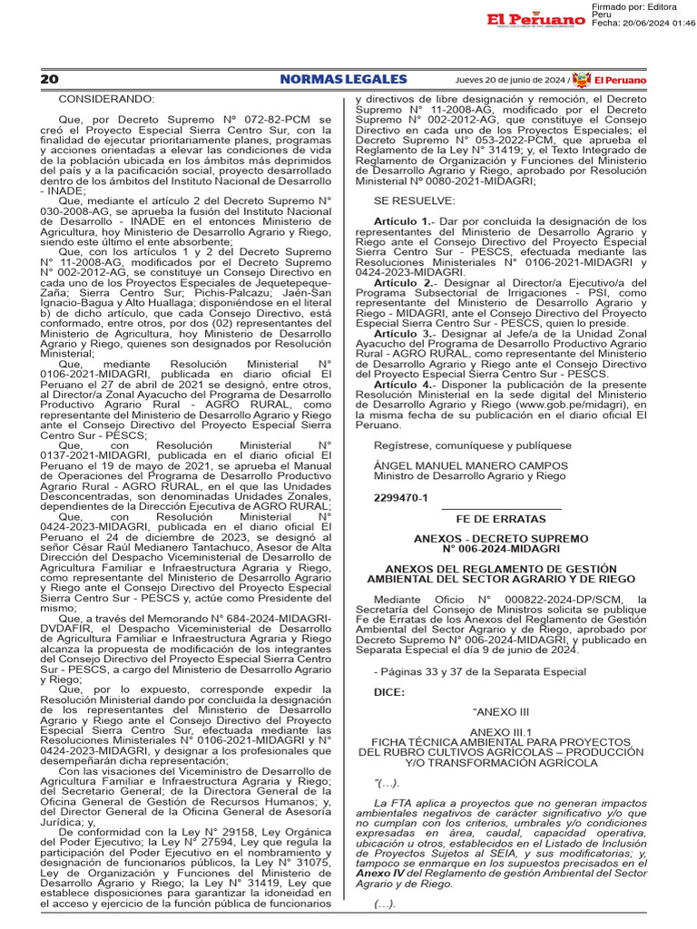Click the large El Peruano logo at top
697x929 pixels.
(535, 20)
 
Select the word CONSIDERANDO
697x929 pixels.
(107, 98)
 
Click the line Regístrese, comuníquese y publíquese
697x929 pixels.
(473, 445)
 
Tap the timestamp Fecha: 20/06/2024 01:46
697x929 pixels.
(643, 24)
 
